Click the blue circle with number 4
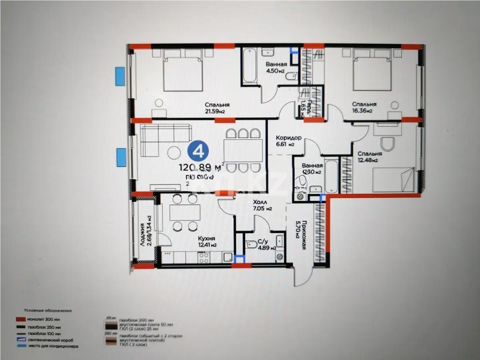coord(197,152)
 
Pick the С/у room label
coord(263,241)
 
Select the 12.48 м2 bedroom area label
coord(370,160)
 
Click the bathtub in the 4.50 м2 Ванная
coord(250,66)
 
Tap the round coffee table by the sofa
coord(174,152)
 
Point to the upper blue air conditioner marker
coord(120,76)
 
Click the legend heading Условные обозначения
coord(48,310)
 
